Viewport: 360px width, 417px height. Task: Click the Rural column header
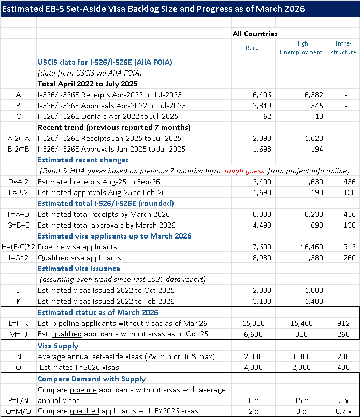click(x=252, y=47)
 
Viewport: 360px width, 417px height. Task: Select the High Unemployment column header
click(x=301, y=48)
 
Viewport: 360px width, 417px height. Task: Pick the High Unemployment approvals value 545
click(x=309, y=106)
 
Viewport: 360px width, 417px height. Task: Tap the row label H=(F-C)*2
click(x=18, y=247)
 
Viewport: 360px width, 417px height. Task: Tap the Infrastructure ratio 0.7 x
click(x=347, y=411)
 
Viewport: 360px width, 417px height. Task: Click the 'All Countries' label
click(x=255, y=34)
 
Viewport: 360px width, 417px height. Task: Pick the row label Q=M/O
click(x=18, y=411)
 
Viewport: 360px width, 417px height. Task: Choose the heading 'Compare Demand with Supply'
click(x=92, y=379)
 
